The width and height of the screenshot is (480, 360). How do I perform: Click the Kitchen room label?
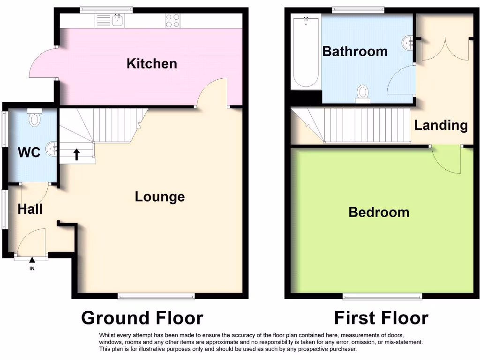click(152, 64)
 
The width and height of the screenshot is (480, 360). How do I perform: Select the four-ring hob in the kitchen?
click(172, 20)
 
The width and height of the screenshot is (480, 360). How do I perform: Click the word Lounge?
click(160, 197)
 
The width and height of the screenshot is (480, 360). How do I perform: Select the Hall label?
click(30, 209)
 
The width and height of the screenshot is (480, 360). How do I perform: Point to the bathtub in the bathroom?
click(306, 52)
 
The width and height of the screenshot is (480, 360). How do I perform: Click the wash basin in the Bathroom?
click(407, 43)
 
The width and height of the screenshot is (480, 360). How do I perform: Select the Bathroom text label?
click(355, 51)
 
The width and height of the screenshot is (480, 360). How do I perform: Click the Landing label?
click(441, 125)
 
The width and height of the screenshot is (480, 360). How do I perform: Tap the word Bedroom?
click(379, 212)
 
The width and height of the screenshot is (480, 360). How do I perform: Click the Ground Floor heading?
click(142, 318)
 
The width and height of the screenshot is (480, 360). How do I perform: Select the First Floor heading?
click(381, 318)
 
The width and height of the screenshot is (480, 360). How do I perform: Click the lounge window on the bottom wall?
click(156, 296)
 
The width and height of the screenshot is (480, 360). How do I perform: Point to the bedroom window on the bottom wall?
click(382, 296)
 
